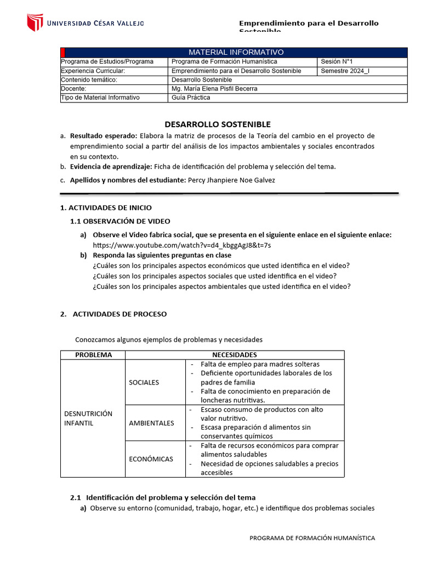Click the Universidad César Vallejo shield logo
click(x=35, y=22)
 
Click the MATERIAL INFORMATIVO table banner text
click(x=236, y=52)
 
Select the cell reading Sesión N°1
click(x=340, y=61)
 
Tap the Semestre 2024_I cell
click(x=345, y=71)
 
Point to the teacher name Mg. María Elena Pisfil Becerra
click(x=214, y=88)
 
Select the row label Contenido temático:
click(x=89, y=79)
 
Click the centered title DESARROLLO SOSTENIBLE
click(x=218, y=124)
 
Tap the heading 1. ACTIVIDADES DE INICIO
click(x=105, y=208)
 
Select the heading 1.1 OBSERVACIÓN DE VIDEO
click(x=120, y=221)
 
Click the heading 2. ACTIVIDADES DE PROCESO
click(x=113, y=314)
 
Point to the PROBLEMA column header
click(x=93, y=354)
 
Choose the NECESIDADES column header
click(x=235, y=354)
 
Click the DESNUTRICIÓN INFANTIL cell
click(x=88, y=418)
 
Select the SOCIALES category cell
click(x=144, y=382)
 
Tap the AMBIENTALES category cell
click(x=151, y=422)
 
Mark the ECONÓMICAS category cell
click(x=151, y=459)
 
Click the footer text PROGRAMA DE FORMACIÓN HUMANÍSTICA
click(x=312, y=538)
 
